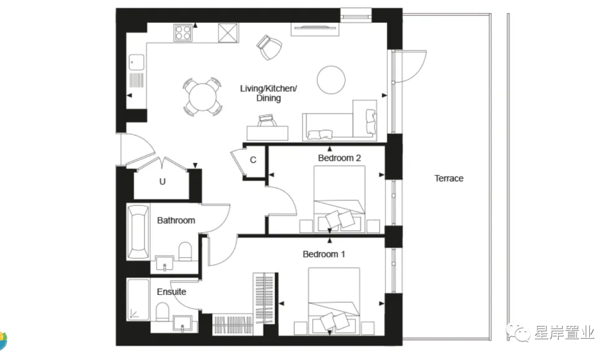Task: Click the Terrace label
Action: (449, 178)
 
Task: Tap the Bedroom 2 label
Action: (339, 158)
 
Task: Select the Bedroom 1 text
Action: (323, 254)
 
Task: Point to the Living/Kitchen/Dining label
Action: (269, 93)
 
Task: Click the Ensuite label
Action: (171, 292)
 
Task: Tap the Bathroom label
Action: (176, 220)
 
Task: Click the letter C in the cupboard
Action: (253, 160)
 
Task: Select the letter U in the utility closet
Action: (162, 182)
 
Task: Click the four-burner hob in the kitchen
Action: (183, 32)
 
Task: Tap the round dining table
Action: (202, 96)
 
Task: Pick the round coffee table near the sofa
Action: (331, 80)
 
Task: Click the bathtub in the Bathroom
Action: (138, 232)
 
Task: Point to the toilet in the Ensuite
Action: (162, 312)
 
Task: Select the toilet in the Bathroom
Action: (185, 251)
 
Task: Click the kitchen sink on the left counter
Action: (137, 63)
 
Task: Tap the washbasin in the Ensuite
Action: (182, 323)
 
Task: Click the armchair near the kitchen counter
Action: (269, 47)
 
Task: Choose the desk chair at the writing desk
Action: (267, 120)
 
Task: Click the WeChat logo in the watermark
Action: (519, 332)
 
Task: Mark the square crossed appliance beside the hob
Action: (228, 32)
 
